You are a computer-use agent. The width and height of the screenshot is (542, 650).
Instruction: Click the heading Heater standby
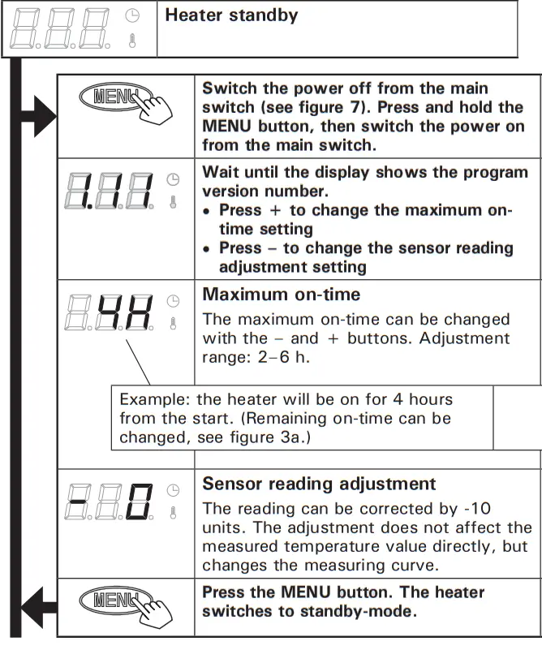(x=231, y=15)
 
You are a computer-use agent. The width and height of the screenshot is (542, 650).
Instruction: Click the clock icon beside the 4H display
(x=172, y=300)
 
